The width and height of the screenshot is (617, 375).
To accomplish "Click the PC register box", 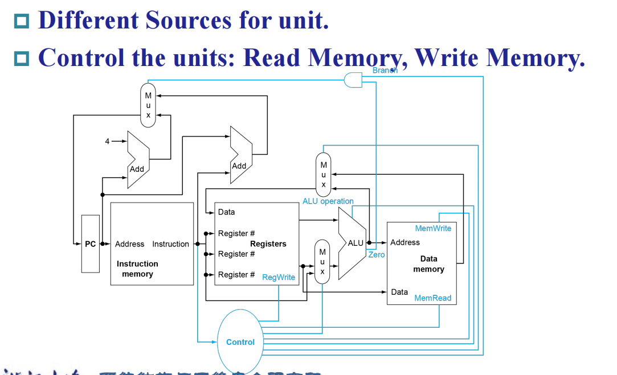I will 90,244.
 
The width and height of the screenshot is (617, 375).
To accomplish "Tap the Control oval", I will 240,341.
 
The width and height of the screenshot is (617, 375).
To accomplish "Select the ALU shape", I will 351,243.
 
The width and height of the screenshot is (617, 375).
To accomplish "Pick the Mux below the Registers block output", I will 322,261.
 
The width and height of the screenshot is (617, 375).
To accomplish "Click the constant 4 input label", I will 107,141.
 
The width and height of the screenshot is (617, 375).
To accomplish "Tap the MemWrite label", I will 433,228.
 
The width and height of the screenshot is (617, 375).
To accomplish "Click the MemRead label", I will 432,298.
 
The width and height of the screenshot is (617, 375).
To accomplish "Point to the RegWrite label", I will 279,277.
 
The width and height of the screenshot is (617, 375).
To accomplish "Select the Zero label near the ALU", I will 377,255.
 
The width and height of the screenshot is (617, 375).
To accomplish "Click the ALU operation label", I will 328,201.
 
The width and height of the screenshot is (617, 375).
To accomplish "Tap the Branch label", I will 385,71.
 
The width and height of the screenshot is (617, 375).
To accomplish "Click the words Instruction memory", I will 137,269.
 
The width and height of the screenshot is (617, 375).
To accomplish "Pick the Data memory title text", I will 428,264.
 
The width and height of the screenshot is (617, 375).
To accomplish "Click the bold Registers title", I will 268,244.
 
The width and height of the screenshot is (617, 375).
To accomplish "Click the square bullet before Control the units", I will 22,57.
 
